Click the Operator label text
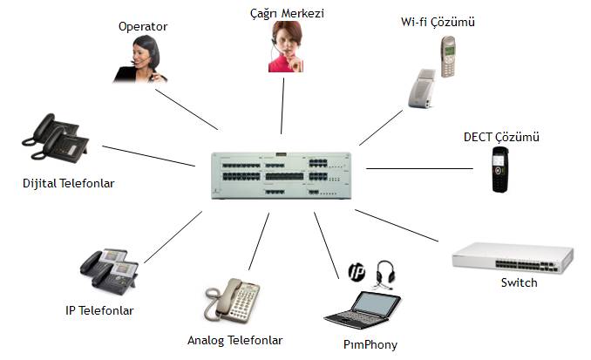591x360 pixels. click(142, 26)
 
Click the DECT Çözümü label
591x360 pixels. click(502, 138)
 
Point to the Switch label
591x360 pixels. click(519, 282)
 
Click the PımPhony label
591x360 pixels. click(370, 344)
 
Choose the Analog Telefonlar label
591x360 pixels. click(234, 339)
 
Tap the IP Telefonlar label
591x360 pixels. click(99, 309)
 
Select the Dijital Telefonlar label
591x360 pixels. click(69, 183)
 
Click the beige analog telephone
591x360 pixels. click(232, 301)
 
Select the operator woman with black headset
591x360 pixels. click(142, 59)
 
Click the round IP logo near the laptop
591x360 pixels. click(356, 269)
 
